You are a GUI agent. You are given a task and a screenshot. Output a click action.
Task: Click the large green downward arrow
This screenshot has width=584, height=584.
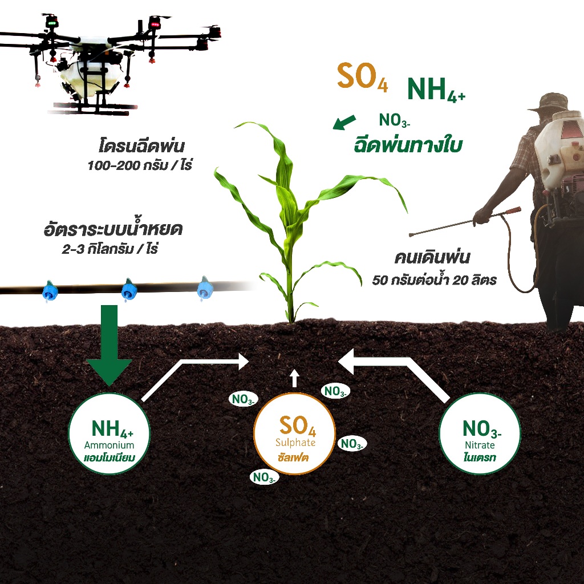109,344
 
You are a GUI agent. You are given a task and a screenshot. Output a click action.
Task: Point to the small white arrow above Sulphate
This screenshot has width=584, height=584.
295,379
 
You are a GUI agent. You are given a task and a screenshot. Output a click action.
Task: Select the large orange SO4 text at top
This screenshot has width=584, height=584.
362,77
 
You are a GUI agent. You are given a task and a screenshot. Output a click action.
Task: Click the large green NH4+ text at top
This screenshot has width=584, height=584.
436,90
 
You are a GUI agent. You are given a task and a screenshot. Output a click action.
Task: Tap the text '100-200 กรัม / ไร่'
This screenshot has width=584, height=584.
140,165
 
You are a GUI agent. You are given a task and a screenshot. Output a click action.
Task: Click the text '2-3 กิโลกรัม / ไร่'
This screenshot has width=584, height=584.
110,249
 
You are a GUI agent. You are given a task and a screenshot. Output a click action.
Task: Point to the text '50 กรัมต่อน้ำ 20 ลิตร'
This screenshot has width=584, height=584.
434,279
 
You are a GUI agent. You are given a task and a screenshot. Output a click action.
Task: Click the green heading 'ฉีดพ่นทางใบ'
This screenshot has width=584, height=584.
408,145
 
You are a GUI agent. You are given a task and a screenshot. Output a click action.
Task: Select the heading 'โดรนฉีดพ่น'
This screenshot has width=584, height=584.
141,145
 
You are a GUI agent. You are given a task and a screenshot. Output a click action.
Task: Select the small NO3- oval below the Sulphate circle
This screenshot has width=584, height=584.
264,477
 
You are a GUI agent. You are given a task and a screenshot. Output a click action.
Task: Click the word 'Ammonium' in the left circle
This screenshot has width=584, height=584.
109,445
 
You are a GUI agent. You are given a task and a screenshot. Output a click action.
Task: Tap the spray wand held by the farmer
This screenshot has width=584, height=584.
464,222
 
